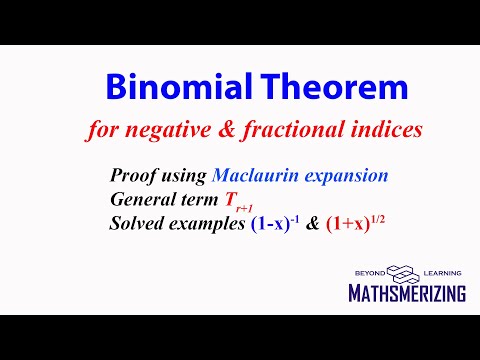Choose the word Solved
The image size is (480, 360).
tap(137, 219)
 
